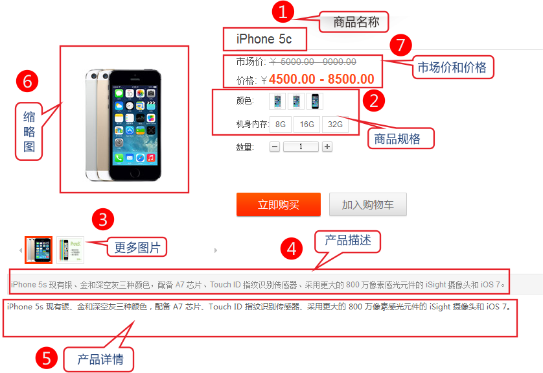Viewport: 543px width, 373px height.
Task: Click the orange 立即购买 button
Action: click(x=279, y=204)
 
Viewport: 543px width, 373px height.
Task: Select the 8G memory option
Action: click(x=281, y=125)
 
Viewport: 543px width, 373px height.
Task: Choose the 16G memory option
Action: click(x=307, y=125)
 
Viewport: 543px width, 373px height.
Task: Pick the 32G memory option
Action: click(x=335, y=125)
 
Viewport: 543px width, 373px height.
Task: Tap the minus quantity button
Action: click(x=275, y=147)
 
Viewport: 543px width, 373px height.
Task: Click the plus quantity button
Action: click(x=327, y=147)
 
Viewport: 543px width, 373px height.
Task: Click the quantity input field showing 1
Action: click(x=301, y=147)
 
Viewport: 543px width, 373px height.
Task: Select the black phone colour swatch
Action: click(x=315, y=101)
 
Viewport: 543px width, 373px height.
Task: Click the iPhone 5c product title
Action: click(x=264, y=39)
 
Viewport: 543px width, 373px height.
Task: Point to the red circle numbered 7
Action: click(x=400, y=45)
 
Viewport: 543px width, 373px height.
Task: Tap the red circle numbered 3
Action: click(x=103, y=219)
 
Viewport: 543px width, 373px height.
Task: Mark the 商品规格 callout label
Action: click(x=400, y=139)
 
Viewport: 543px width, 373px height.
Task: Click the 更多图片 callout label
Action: click(x=137, y=247)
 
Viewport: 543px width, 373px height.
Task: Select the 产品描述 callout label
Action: click(x=348, y=241)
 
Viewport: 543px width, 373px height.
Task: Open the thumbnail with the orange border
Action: click(x=38, y=250)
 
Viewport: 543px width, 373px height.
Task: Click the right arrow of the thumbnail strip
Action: click(x=216, y=250)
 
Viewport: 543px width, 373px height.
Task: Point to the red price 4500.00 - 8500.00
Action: click(x=321, y=79)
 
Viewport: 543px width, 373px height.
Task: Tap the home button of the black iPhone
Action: click(x=134, y=173)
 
